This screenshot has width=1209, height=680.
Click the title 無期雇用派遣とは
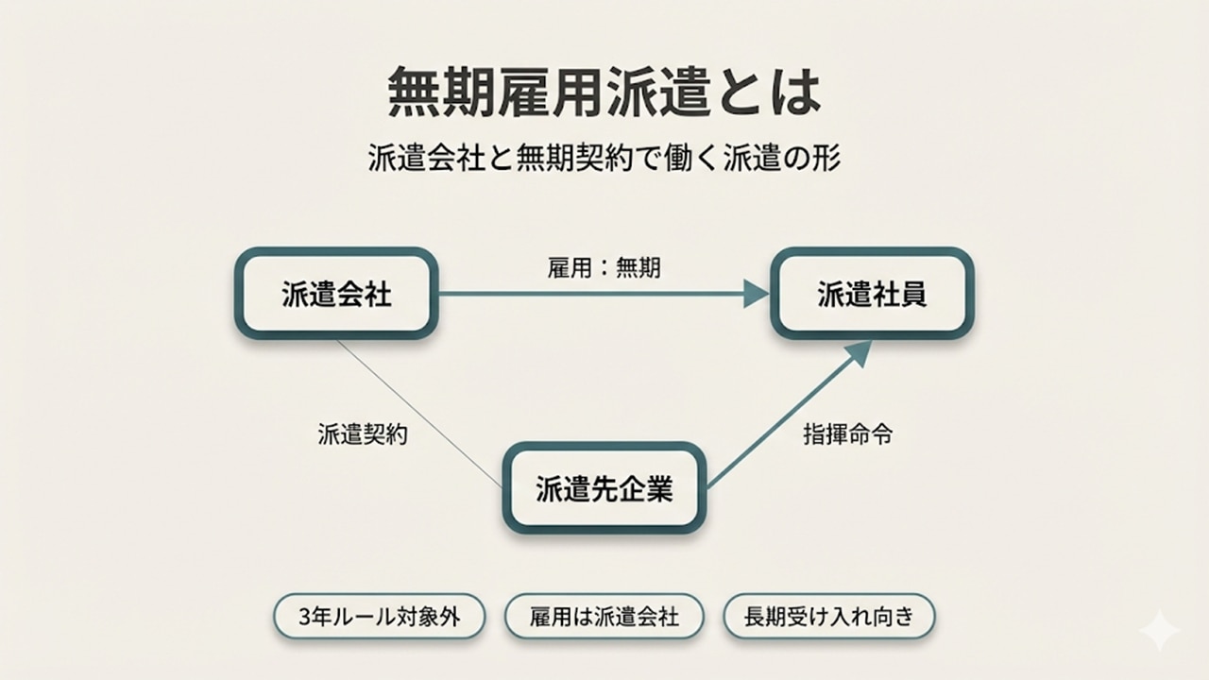click(x=604, y=92)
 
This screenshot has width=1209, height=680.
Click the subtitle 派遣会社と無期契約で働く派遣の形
click(x=604, y=157)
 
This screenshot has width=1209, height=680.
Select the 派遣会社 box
click(x=336, y=294)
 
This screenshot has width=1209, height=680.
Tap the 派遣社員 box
click(x=872, y=294)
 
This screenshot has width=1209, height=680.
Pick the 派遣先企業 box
click(x=604, y=488)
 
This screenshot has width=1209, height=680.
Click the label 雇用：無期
click(x=604, y=268)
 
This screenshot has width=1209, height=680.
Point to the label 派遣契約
click(x=363, y=435)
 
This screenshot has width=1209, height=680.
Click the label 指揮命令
click(x=847, y=435)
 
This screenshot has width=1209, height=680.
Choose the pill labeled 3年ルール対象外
click(x=379, y=618)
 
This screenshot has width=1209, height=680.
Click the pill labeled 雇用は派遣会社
click(x=604, y=618)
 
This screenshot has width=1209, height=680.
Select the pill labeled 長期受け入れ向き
click(x=828, y=618)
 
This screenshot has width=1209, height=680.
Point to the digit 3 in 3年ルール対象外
click(x=303, y=618)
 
